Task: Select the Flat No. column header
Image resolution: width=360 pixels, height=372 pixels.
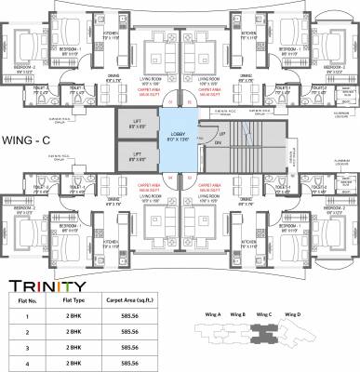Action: coord(20,288)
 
